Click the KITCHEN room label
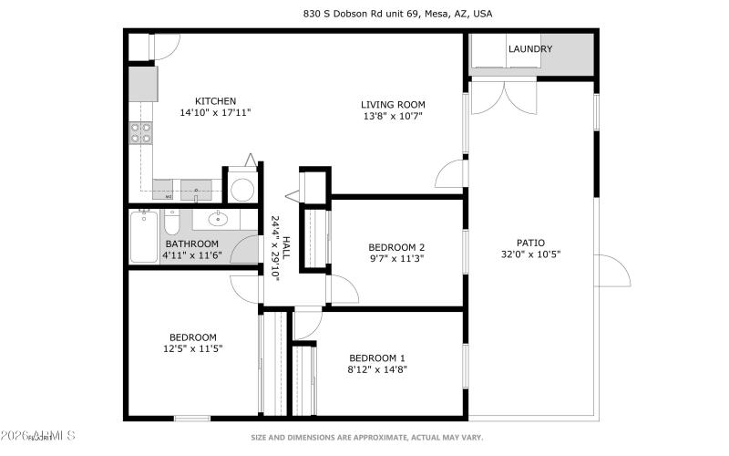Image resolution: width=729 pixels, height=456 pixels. tap(215, 101)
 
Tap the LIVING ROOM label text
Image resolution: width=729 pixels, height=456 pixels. tap(392, 105)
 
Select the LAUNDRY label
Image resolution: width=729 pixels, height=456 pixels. tap(530, 49)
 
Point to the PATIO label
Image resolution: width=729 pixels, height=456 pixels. tap(530, 243)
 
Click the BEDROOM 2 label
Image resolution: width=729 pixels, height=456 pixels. tap(396, 247)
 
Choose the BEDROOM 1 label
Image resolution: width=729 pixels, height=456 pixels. tap(377, 358)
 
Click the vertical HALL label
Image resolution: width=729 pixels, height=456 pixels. tap(285, 250)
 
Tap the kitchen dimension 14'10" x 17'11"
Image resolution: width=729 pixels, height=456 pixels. tap(215, 113)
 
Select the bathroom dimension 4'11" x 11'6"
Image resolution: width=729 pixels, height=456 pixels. tap(192, 255)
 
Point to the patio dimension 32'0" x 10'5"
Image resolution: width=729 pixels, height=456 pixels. tap(530, 254)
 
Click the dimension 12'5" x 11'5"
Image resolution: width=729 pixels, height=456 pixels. tap(192, 348)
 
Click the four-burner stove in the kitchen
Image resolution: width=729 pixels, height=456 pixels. tap(141, 133)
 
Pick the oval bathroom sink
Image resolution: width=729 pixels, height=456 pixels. tap(217, 219)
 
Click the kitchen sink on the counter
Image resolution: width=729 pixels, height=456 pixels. tap(195, 192)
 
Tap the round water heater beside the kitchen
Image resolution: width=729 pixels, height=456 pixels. tap(242, 189)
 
